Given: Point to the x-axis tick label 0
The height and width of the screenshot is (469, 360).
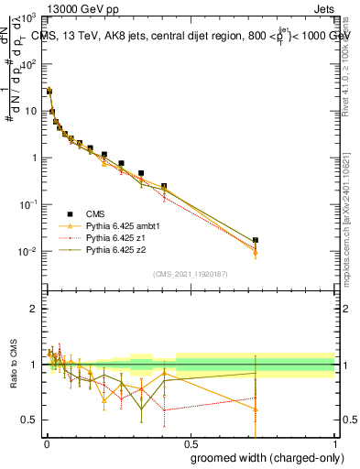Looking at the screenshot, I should pos(45,443).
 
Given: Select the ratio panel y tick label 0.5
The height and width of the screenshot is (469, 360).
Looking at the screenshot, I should pos(29,420).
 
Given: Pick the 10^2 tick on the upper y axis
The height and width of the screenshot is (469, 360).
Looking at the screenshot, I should pos(29,63).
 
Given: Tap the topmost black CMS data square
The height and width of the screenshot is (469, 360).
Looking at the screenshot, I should pos(49,91).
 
